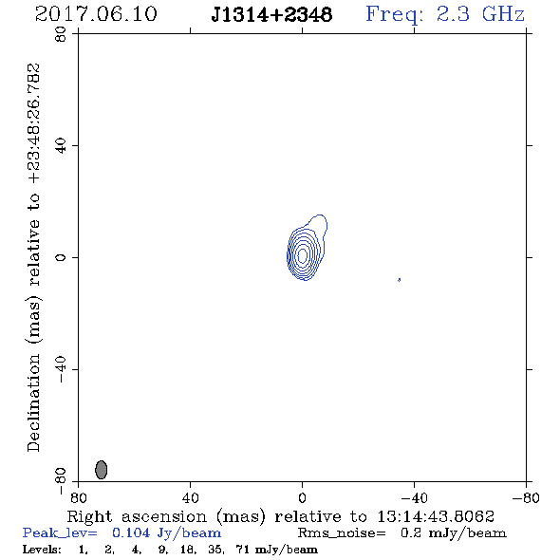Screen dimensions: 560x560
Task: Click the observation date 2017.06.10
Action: click(96, 14)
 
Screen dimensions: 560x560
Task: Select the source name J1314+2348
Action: click(271, 14)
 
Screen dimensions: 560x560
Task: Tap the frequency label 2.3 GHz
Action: click(480, 14)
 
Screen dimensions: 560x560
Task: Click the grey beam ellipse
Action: click(101, 470)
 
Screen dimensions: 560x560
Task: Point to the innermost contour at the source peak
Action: click(302, 255)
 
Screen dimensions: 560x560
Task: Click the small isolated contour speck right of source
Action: click(399, 280)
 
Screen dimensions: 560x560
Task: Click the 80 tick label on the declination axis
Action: click(61, 35)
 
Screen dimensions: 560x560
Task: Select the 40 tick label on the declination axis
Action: click(61, 146)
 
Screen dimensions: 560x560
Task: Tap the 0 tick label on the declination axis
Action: click(61, 257)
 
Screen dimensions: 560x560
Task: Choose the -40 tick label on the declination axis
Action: click(61, 369)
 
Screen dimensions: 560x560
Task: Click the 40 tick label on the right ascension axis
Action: click(190, 498)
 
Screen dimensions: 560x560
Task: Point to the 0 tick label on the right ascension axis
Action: click(302, 498)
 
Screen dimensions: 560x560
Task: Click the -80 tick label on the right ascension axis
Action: click(526, 498)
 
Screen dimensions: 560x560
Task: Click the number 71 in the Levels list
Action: click(242, 550)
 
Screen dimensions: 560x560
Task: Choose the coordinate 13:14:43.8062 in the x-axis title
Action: click(436, 516)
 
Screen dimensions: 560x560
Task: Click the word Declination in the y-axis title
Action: click(33, 402)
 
